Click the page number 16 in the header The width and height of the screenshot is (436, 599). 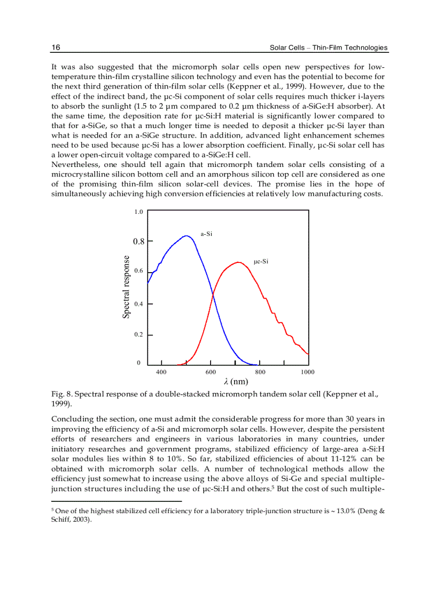pyautogui.click(x=56, y=47)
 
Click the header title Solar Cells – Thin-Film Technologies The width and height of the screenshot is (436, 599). pyautogui.click(x=328, y=48)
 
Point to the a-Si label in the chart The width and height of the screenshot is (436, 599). pyautogui.click(x=206, y=234)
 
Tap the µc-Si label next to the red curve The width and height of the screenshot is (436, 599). pyautogui.click(x=261, y=261)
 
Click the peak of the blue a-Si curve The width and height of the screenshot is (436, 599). pyautogui.click(x=186, y=236)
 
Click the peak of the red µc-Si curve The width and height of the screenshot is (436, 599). pyautogui.click(x=238, y=262)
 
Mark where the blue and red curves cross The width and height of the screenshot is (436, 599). pyautogui.click(x=213, y=294)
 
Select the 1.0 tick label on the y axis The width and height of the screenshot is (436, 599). pyautogui.click(x=138, y=212)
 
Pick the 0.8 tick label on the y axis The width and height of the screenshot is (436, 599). pyautogui.click(x=138, y=241)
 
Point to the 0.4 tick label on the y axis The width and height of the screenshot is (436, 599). pyautogui.click(x=138, y=304)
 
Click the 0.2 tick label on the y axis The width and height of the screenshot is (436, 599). pyautogui.click(x=138, y=334)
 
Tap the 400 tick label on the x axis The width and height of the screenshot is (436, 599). pyautogui.click(x=161, y=372)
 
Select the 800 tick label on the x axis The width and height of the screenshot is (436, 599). pyautogui.click(x=260, y=372)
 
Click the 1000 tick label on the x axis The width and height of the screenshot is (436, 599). pyautogui.click(x=307, y=372)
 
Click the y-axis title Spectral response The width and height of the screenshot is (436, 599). pyautogui.click(x=126, y=287)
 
